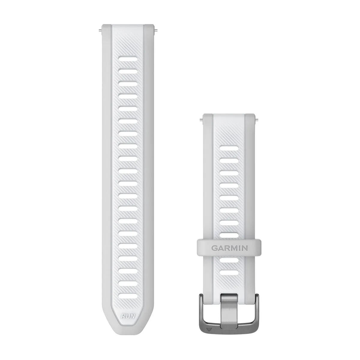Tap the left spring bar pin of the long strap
point(99,29)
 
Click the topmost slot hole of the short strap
point(230,148)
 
